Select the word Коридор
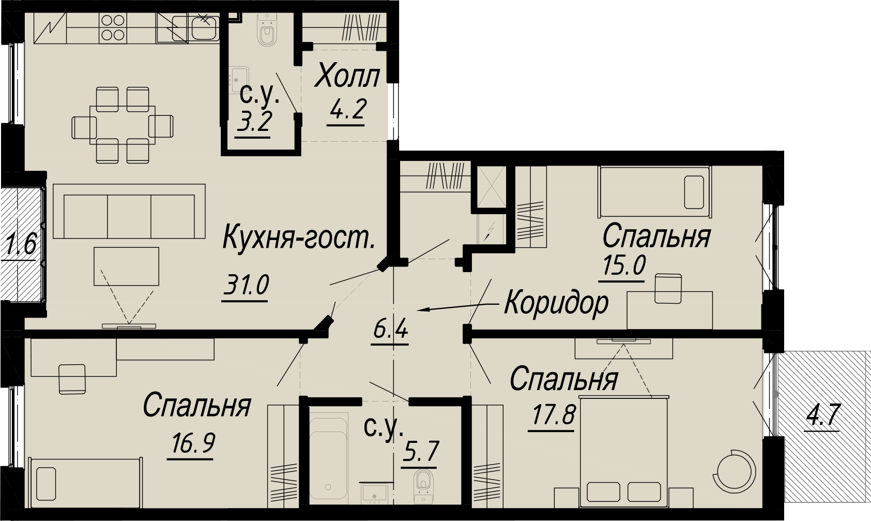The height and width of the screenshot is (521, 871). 556,304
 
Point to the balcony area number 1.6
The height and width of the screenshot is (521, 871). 21,245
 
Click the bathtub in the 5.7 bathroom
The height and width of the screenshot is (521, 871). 329,460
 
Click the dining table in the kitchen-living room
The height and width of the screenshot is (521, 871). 123,125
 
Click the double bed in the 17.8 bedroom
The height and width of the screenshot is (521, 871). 624,451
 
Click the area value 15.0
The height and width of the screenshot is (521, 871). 624,266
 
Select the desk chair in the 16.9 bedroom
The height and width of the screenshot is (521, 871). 72,379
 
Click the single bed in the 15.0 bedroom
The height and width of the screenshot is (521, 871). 655,191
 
